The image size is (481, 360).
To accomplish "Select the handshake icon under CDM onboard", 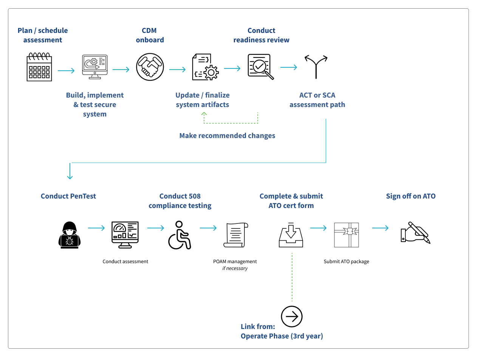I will (x=150, y=67).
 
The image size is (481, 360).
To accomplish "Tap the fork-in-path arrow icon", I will (x=316, y=67).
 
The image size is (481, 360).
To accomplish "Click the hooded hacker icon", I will (x=70, y=235).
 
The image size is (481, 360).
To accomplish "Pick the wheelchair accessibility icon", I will (x=179, y=235).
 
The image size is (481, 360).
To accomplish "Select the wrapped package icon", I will (x=346, y=235).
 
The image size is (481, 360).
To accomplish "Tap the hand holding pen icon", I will (x=415, y=233).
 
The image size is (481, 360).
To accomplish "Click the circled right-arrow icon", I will (x=292, y=316).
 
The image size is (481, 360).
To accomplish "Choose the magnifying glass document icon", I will (x=260, y=67).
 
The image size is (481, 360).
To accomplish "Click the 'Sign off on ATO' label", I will (x=411, y=196).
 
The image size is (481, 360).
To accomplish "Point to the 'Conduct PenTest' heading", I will (x=68, y=196).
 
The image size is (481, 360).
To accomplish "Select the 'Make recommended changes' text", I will (x=227, y=135).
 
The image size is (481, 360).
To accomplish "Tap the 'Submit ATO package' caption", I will (x=346, y=261).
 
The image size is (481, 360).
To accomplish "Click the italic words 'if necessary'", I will (x=235, y=268).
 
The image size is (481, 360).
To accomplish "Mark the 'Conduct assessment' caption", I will (x=125, y=261).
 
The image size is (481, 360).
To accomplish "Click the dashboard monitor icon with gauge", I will (x=125, y=234).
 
